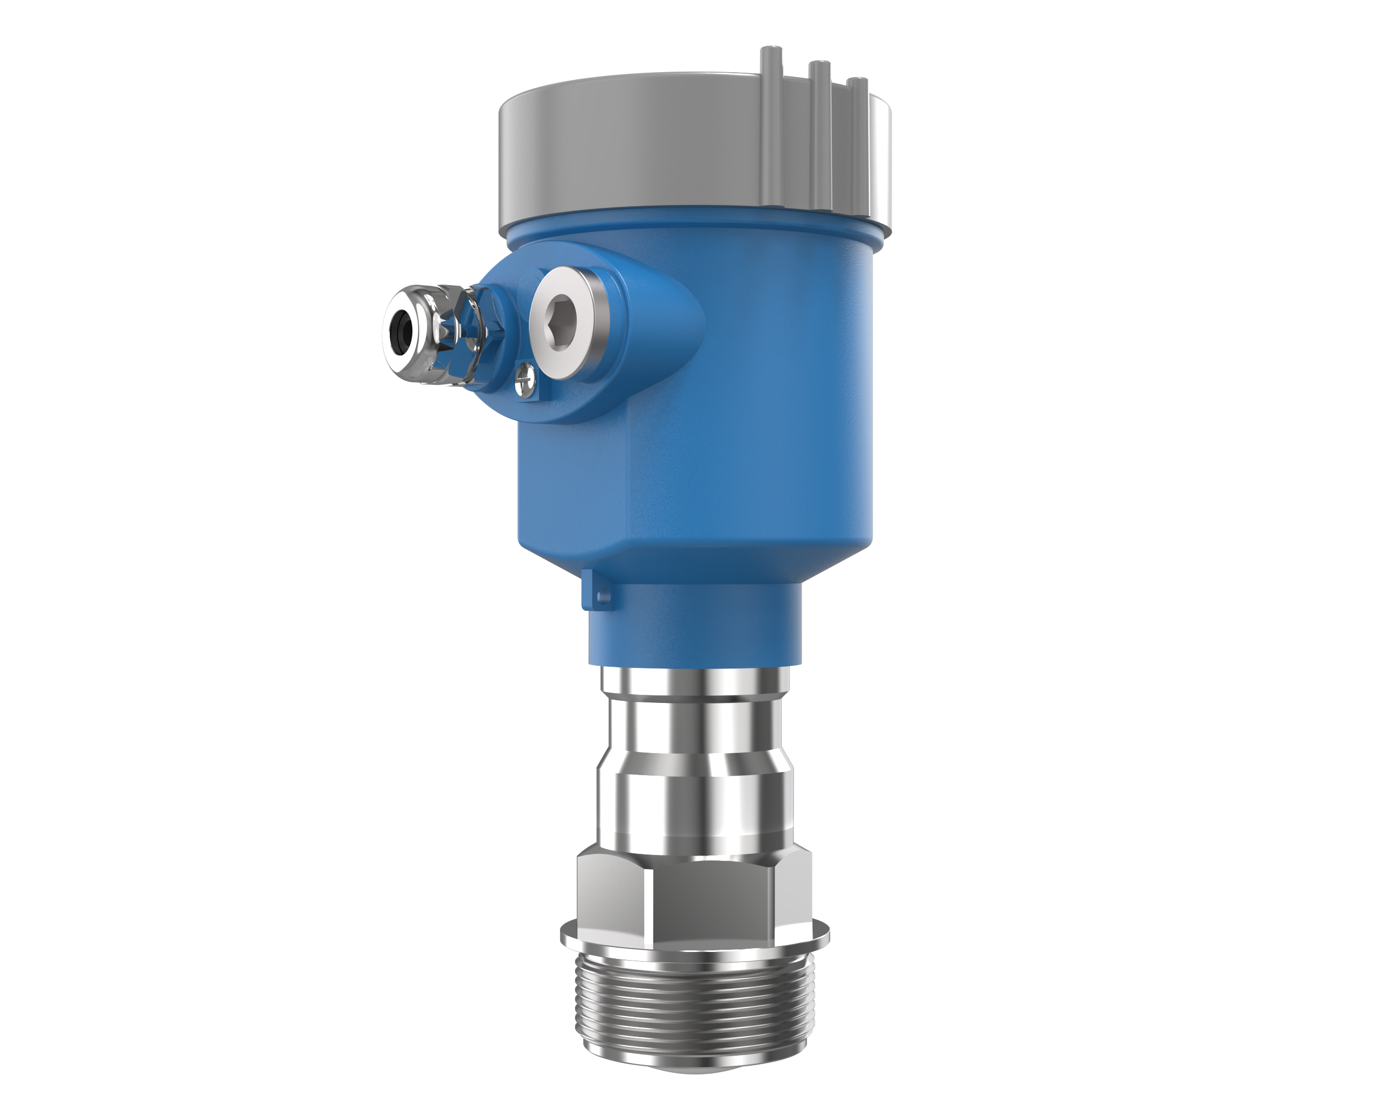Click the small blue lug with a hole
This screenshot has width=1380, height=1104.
click(x=597, y=590)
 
